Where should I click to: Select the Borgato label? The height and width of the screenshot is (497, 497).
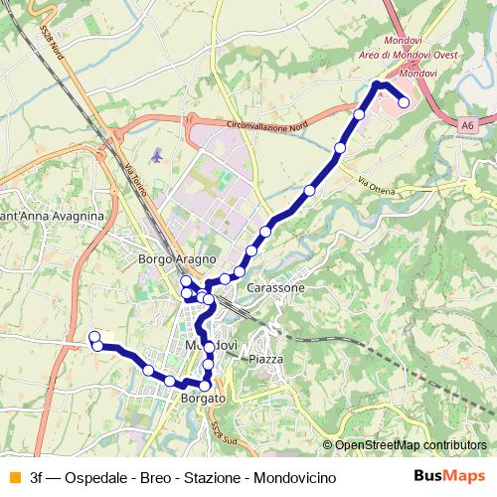(x=203, y=399)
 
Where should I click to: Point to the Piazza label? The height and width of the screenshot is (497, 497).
(x=266, y=359)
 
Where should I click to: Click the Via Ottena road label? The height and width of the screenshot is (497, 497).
(x=376, y=185)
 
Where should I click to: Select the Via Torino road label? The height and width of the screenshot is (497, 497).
(x=135, y=181)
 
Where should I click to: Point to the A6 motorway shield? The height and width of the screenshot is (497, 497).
(x=467, y=125)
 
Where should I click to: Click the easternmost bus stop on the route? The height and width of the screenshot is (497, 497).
(x=404, y=101)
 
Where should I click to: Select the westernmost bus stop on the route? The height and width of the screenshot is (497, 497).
(x=94, y=337)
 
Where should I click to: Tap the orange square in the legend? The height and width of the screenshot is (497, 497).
(x=13, y=477)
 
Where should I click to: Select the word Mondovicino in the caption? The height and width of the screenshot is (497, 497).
(x=295, y=477)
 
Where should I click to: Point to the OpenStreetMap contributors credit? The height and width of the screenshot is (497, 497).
(x=411, y=445)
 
